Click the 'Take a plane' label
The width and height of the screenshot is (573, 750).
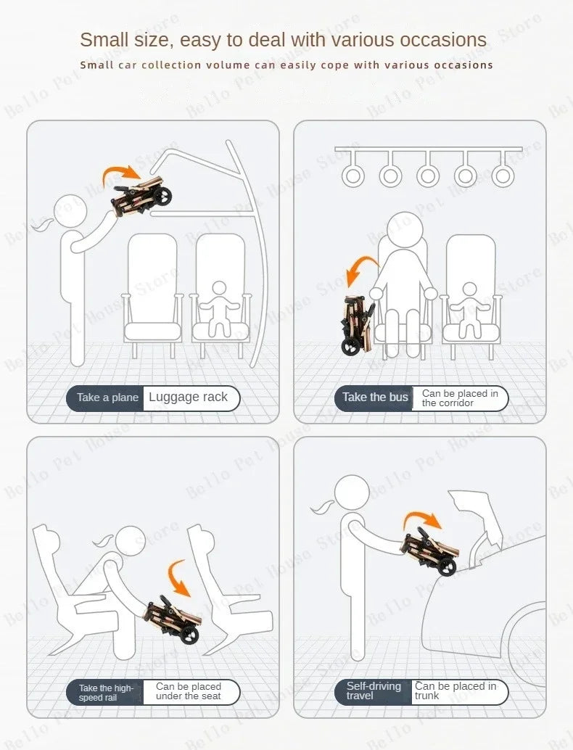click(107, 397)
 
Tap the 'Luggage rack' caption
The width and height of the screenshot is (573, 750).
click(188, 397)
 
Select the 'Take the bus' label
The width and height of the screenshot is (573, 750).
click(375, 397)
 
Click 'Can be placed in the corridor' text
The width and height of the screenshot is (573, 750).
click(460, 398)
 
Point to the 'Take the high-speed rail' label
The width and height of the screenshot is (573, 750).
click(106, 692)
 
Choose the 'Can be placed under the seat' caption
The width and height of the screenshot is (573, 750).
click(188, 691)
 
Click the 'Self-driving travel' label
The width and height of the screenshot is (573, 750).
click(374, 691)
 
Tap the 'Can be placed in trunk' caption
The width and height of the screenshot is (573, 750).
click(455, 691)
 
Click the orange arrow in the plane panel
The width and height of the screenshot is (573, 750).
click(121, 173)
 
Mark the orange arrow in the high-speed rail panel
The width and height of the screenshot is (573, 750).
click(179, 576)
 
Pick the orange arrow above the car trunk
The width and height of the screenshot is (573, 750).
click(421, 520)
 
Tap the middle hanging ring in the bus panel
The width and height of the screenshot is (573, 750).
click(428, 175)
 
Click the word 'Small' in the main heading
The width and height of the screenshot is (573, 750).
click(107, 39)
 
